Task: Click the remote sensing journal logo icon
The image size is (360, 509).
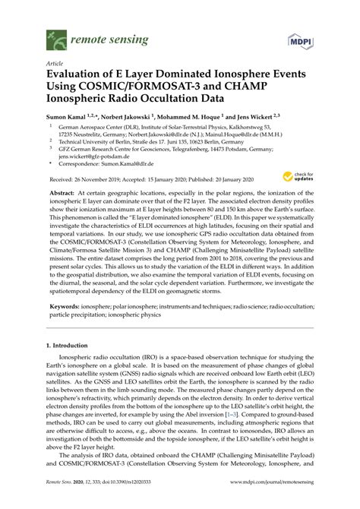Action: [54, 35]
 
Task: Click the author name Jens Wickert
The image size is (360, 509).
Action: [267, 119]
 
